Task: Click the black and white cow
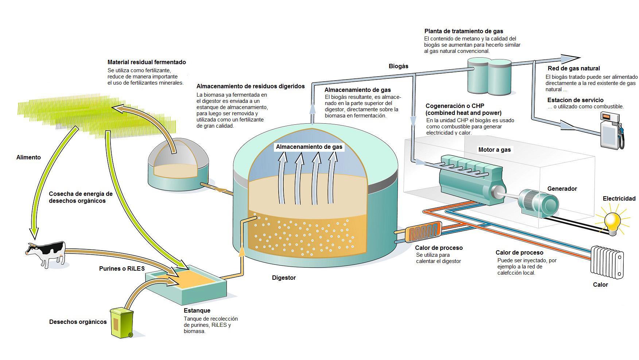(x=46, y=253)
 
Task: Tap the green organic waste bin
(x=122, y=323)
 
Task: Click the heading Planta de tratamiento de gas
(x=464, y=31)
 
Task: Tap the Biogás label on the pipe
(x=398, y=66)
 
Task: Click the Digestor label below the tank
(x=284, y=278)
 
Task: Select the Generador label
(x=562, y=189)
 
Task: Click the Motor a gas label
(x=495, y=150)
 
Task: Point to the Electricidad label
(x=619, y=198)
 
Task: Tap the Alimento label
(x=28, y=157)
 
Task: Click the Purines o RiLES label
(x=122, y=268)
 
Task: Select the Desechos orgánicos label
(x=78, y=322)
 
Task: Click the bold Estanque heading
(x=197, y=310)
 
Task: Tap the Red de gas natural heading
(x=574, y=68)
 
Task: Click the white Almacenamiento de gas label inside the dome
(x=309, y=147)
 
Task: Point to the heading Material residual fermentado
(x=147, y=62)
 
